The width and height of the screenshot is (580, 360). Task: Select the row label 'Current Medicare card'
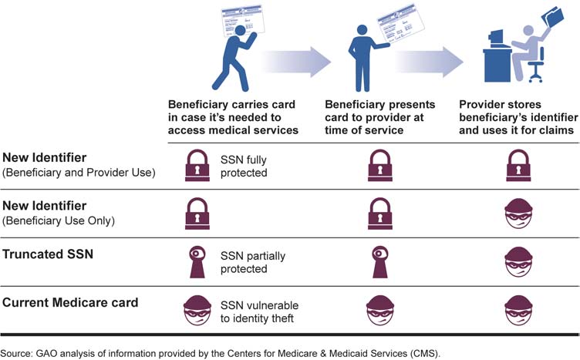point(70,302)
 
